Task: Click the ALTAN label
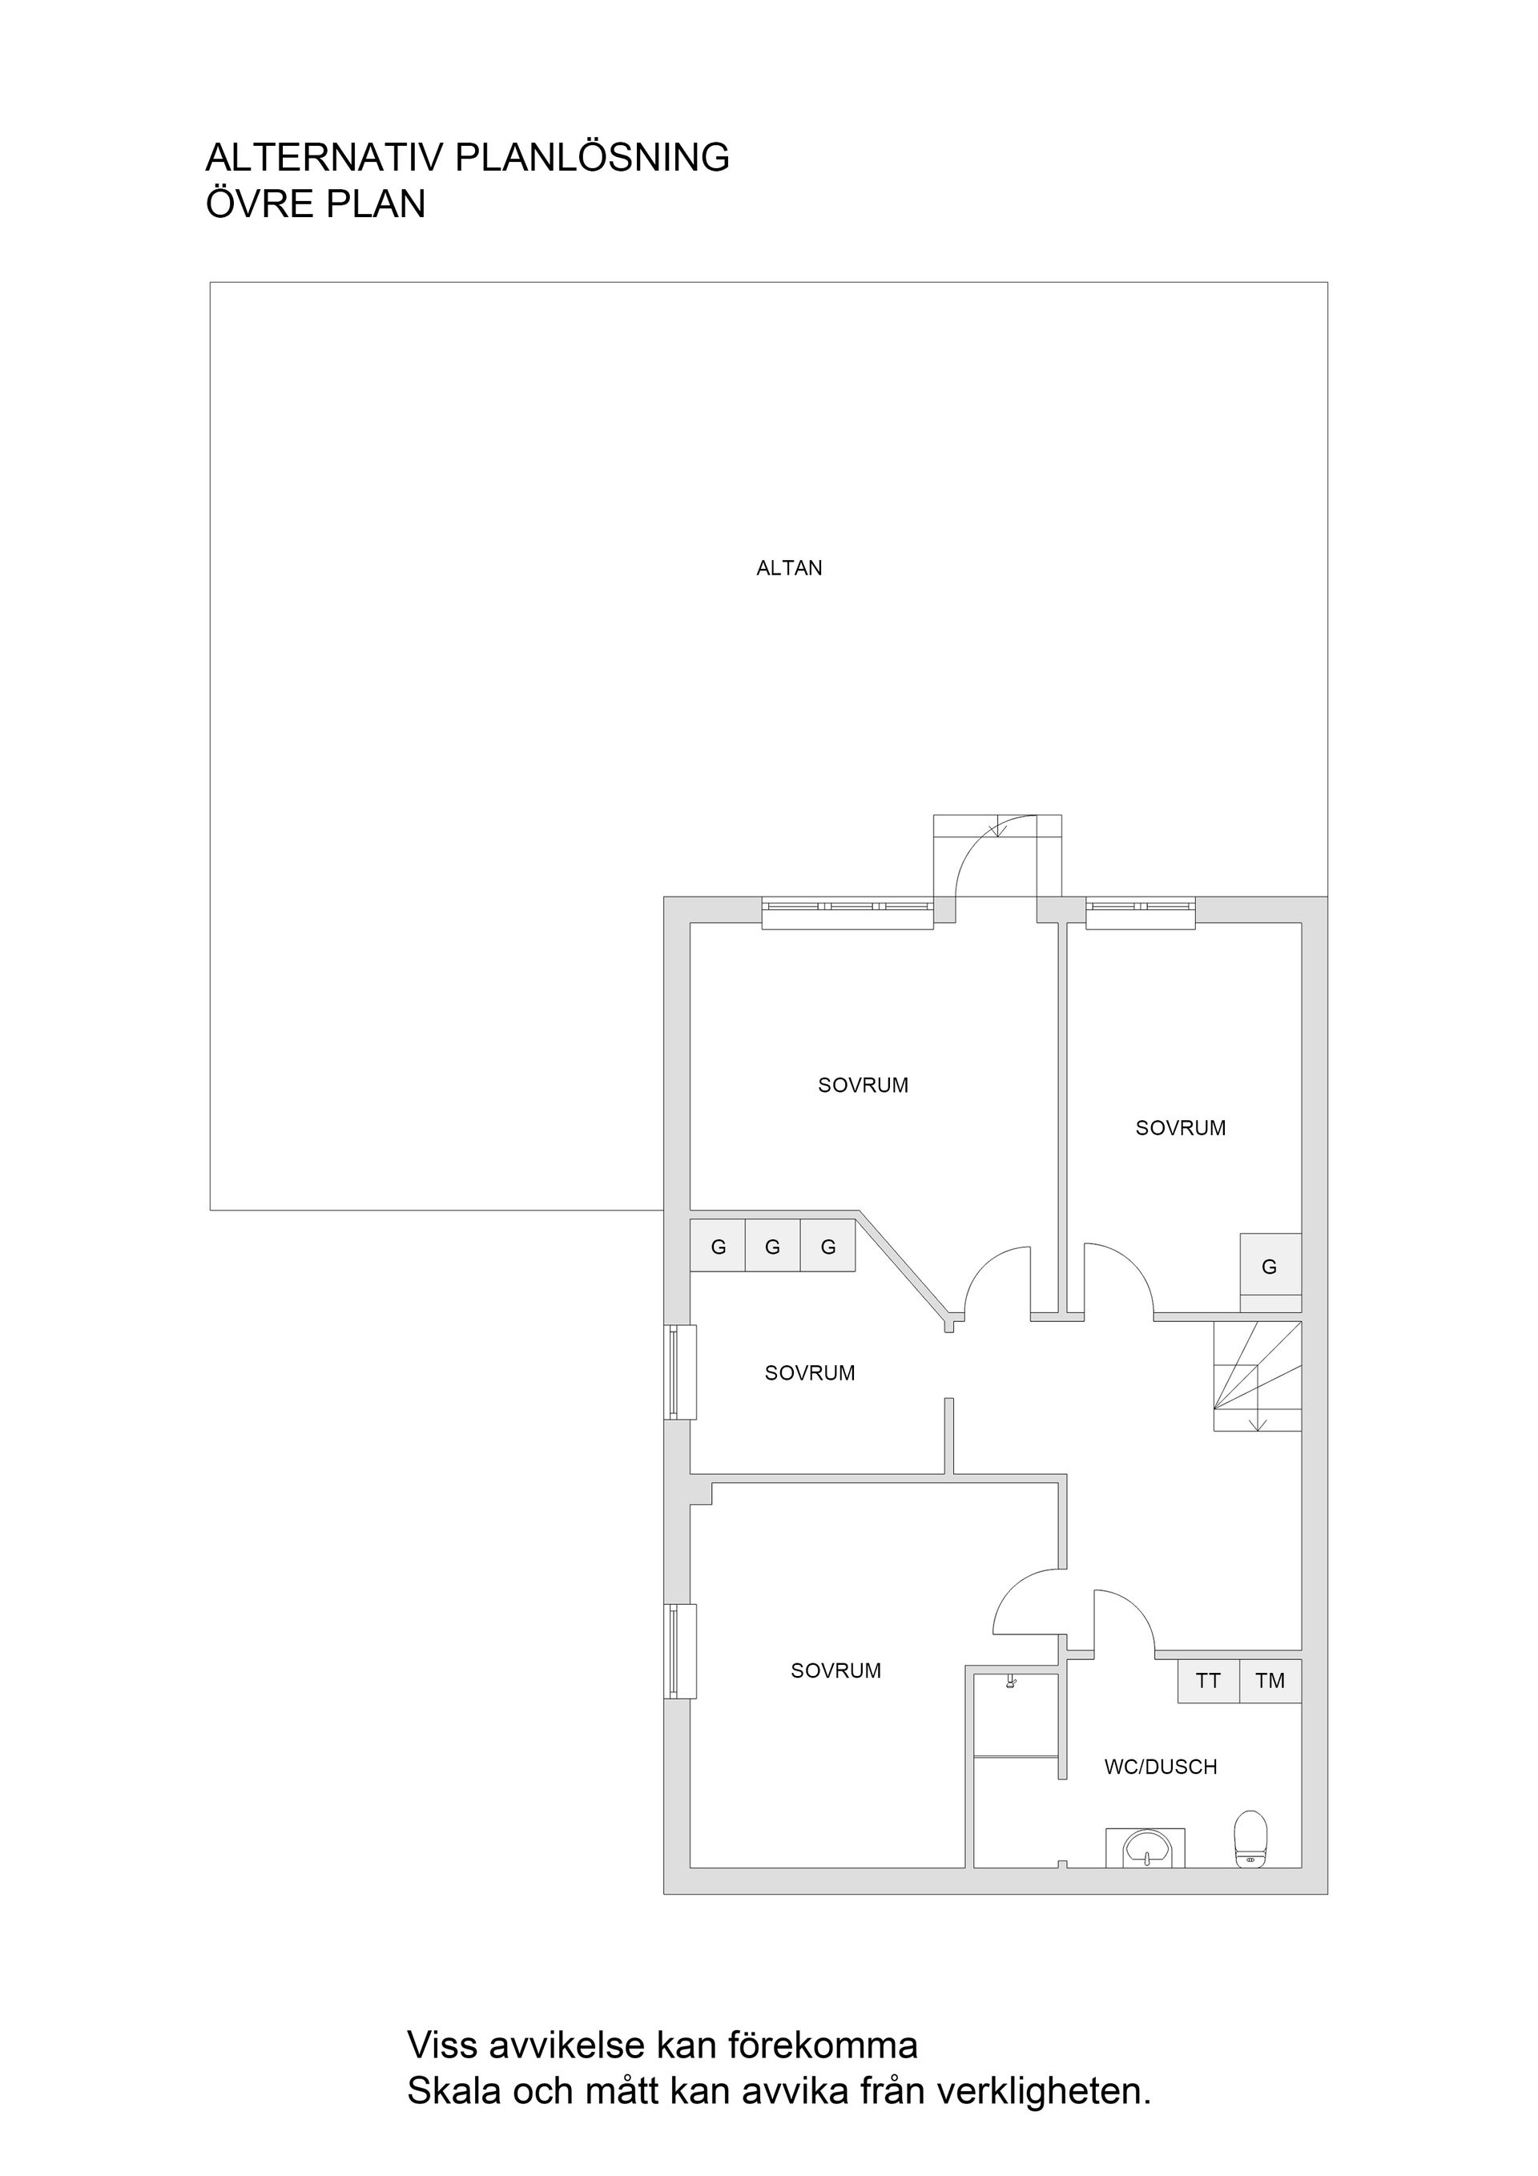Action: [x=788, y=569]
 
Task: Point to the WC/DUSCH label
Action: [x=1160, y=1767]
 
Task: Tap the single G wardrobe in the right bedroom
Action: [x=1270, y=1266]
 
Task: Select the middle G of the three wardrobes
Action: [x=772, y=1247]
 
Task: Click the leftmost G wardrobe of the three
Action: [x=718, y=1247]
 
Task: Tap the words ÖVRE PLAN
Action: [x=316, y=203]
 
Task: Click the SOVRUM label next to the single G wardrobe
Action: [x=1180, y=1128]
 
